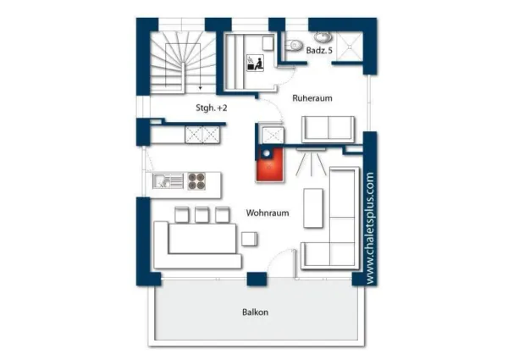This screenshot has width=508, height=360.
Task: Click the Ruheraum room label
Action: click(x=312, y=98)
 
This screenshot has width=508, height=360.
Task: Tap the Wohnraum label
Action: click(x=268, y=213)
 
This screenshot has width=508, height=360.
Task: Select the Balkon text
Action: click(x=256, y=313)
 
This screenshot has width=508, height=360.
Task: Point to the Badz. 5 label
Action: click(x=319, y=51)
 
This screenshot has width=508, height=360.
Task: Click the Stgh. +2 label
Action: click(x=211, y=108)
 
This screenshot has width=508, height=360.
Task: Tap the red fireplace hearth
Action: click(x=270, y=166)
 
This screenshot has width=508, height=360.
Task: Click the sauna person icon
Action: click(x=256, y=63)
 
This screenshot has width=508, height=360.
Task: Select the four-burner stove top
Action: click(x=196, y=181)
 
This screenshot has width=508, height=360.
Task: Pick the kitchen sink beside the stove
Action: click(x=168, y=181)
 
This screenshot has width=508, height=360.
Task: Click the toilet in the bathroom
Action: click(x=294, y=45)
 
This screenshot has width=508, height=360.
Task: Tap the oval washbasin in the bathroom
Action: click(x=323, y=37)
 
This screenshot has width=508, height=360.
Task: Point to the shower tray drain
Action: click(x=350, y=47)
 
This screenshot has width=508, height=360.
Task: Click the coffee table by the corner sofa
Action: click(x=313, y=208)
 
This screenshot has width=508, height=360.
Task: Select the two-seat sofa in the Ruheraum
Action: click(x=328, y=130)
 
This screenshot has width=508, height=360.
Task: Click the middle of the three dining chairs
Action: click(x=202, y=215)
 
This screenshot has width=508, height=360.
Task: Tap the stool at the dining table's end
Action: click(x=250, y=239)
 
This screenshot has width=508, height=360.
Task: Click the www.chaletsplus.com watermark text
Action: click(x=370, y=229)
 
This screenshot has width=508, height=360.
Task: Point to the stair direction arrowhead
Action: click(x=201, y=88)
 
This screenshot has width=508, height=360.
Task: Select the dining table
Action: click(x=202, y=238)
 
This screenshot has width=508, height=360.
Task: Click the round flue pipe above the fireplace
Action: click(x=267, y=154)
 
